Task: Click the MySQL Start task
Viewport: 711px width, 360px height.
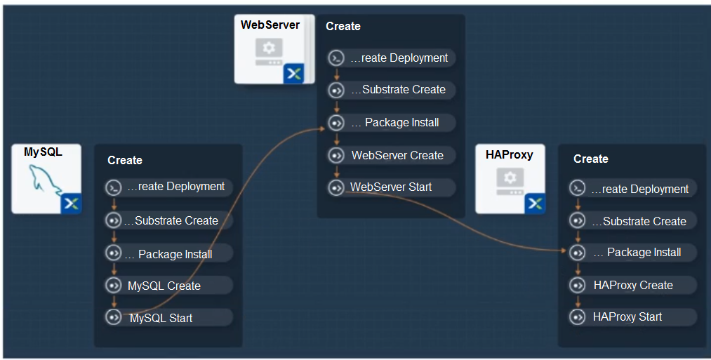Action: tap(168, 317)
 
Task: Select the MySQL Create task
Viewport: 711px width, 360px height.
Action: tap(168, 286)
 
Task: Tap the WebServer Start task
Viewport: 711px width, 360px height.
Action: tap(392, 187)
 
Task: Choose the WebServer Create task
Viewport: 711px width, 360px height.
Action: tap(392, 155)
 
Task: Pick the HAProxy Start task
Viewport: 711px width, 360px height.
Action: tap(632, 317)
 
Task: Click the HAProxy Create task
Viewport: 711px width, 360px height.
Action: tap(632, 285)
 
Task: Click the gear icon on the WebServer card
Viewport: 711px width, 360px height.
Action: tap(269, 48)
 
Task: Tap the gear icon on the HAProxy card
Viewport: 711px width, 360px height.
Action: tap(510, 178)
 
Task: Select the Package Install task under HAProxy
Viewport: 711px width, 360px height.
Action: tap(632, 253)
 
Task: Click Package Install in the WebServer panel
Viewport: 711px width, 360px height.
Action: tap(392, 122)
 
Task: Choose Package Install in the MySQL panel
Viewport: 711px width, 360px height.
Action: tap(168, 253)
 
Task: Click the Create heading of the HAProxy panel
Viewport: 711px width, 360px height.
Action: tap(591, 159)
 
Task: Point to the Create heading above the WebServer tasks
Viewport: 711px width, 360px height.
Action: tap(343, 26)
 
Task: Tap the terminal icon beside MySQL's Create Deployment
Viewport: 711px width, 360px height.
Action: tap(114, 187)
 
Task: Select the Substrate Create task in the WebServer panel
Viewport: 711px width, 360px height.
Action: tap(392, 90)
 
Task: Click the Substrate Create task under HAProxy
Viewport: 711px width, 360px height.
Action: tap(632, 221)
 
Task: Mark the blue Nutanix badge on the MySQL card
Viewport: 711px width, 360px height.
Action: tap(71, 204)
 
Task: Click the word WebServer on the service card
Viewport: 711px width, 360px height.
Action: tap(270, 25)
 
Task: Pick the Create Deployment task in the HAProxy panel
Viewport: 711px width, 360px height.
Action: tap(632, 189)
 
